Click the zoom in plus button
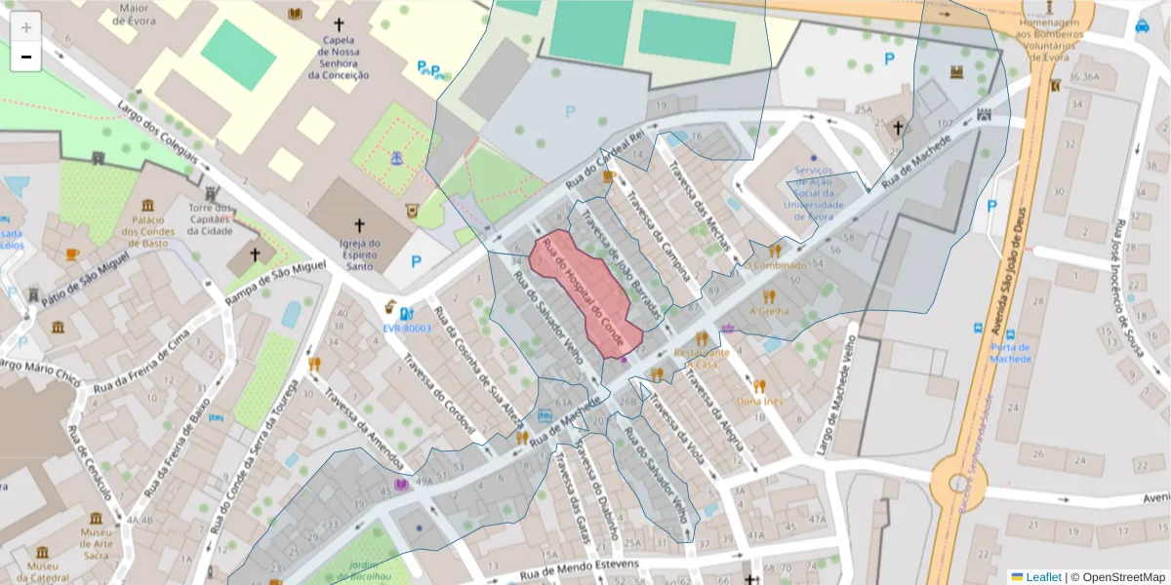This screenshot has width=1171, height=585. (x=26, y=27)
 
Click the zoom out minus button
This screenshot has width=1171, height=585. (x=26, y=57)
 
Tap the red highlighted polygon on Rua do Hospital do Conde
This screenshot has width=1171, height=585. (x=585, y=292)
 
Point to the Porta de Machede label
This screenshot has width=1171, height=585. (x=1011, y=352)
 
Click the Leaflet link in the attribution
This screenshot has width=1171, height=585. (x=1043, y=577)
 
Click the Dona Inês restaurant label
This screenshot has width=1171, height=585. (x=760, y=401)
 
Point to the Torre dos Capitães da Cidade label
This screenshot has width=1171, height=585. (x=210, y=219)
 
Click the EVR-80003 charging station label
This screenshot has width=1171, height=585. (x=407, y=329)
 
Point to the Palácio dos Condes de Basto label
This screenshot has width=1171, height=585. (x=147, y=231)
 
